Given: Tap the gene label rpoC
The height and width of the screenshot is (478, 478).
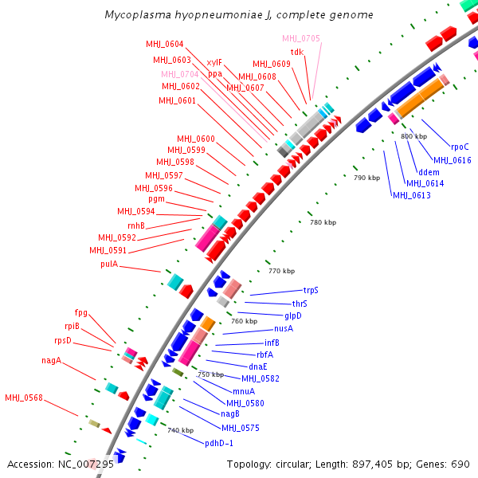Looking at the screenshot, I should pyautogui.click(x=460, y=147).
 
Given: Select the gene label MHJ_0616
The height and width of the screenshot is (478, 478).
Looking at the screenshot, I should pyautogui.click(x=452, y=160).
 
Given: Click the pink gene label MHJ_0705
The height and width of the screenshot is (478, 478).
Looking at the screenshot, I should pyautogui.click(x=301, y=38).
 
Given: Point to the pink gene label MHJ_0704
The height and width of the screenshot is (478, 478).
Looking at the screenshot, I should pyautogui.click(x=180, y=73).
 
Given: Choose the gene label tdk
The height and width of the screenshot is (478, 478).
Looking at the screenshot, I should pyautogui.click(x=297, y=52).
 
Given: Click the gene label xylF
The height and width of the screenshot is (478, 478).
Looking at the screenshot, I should pyautogui.click(x=214, y=62).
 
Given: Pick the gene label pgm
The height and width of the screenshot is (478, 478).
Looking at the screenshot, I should pyautogui.click(x=156, y=199).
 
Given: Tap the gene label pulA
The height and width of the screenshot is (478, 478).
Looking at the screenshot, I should pyautogui.click(x=109, y=264).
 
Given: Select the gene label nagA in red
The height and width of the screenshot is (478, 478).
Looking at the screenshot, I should pyautogui.click(x=52, y=361).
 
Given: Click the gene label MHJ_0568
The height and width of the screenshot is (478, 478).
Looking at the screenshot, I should pyautogui.click(x=24, y=398).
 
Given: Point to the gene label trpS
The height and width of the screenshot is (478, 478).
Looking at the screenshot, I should pyautogui.click(x=311, y=291).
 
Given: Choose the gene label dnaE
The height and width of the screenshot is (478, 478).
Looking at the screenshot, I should pyautogui.click(x=257, y=366).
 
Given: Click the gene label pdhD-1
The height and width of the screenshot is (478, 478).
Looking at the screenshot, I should pyautogui.click(x=219, y=443).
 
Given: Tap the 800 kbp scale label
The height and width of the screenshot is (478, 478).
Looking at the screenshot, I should pyautogui.click(x=413, y=136).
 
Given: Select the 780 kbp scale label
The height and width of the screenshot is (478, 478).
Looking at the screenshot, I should pyautogui.click(x=322, y=222).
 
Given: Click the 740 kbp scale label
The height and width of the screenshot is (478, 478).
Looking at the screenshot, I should pyautogui.click(x=180, y=430).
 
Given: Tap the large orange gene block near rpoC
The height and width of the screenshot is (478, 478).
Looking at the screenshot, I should pyautogui.click(x=420, y=99).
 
